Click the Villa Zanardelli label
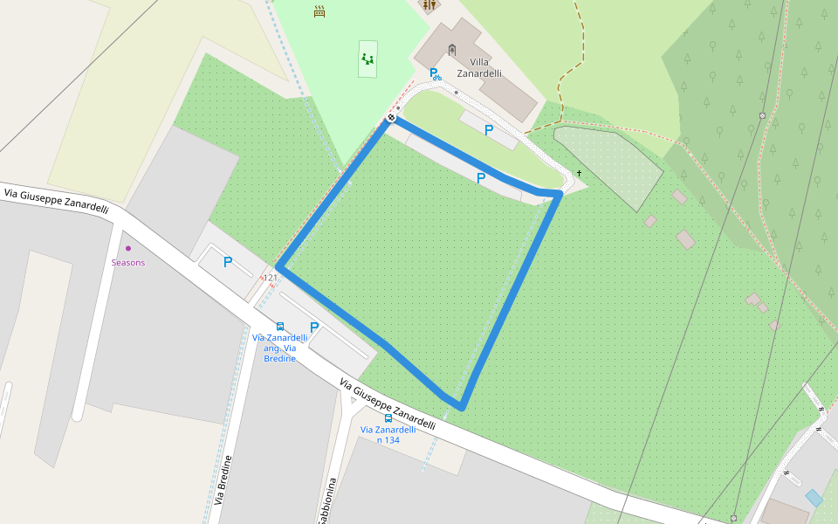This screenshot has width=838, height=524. click(479, 68)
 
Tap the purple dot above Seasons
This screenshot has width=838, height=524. click(128, 249)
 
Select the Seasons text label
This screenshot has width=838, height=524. click(128, 262)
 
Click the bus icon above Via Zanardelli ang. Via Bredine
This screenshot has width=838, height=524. click(279, 327)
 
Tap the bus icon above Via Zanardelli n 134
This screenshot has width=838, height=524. click(388, 418)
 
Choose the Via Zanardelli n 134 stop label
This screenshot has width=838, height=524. click(388, 434)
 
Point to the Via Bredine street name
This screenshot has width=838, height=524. click(223, 479)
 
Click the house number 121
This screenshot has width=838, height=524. click(271, 278)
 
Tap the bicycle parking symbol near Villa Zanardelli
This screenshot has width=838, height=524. click(435, 74)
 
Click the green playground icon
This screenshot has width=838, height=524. click(367, 59)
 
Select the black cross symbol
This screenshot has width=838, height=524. click(579, 174)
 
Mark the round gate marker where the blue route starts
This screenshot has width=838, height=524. click(392, 117)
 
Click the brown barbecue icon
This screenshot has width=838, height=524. click(319, 11)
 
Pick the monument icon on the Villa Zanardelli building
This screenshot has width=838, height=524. click(451, 49)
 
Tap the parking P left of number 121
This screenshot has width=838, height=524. click(228, 262)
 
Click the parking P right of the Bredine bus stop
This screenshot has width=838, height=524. click(314, 327)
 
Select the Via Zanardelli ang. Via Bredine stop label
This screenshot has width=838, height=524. click(279, 348)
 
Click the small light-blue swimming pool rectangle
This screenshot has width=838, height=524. click(814, 498)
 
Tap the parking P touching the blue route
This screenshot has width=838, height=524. click(481, 177)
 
